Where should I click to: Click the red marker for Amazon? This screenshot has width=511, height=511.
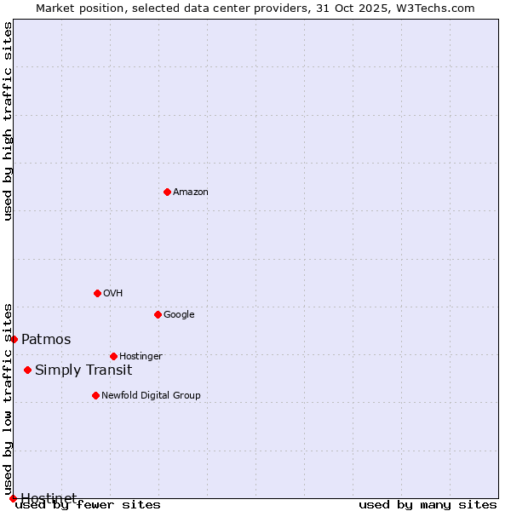167,192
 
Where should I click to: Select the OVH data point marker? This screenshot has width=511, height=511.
97,293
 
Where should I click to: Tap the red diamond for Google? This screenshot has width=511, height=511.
158,314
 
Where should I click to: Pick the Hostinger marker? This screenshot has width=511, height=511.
113,356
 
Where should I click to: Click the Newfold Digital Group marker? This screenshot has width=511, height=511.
95,395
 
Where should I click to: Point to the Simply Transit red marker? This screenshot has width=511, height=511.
28,370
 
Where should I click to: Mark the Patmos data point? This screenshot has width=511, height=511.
14,339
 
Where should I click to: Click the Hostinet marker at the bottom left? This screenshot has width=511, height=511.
13,498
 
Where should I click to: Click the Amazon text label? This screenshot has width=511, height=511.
191,192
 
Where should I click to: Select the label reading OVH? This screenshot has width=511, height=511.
113,293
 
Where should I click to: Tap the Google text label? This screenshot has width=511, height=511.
179,314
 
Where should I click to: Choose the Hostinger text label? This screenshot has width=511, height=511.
141,356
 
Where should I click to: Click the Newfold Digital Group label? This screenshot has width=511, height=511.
151,395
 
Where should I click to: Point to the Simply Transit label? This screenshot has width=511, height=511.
83,370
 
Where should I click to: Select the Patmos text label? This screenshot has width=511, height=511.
46,339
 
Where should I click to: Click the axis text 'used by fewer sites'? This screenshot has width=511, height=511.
88,504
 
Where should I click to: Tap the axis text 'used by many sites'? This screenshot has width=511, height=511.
428,504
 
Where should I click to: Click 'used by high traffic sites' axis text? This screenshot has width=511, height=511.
8,121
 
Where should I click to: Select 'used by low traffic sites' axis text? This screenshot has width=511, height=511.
8,399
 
